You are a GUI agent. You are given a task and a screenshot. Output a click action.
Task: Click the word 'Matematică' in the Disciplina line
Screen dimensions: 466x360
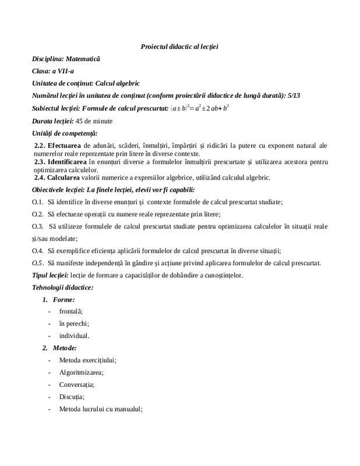coord(83,59)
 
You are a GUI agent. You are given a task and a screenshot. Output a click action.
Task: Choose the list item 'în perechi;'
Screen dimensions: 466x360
coord(74,324)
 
